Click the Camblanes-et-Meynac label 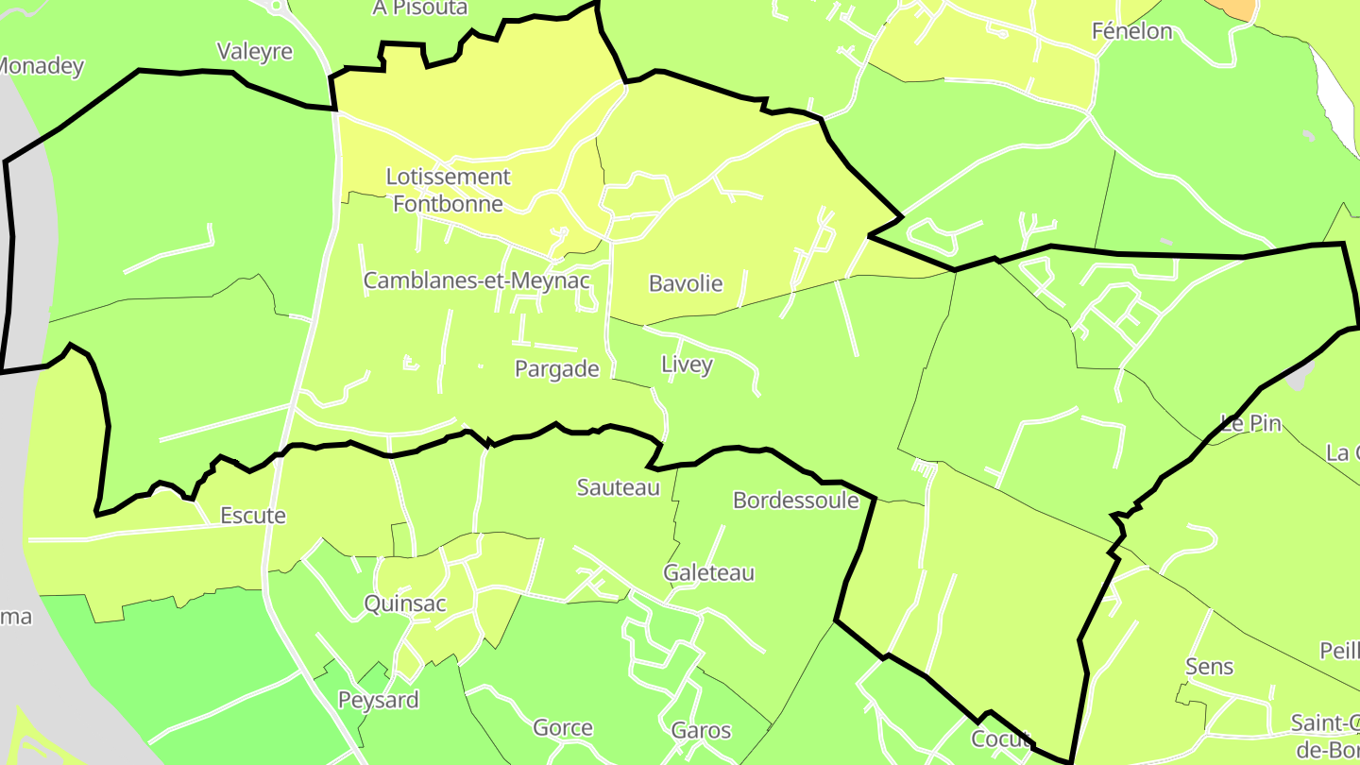coord(477,280)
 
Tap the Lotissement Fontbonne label coord(449,190)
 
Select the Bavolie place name coord(686,283)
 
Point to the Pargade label coord(557,369)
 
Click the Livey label coord(687,365)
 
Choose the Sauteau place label coord(619,487)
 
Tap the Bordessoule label coord(796,501)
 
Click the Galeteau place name coord(709,573)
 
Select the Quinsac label coord(405,604)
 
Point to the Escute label coord(253,516)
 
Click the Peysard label coord(379,701)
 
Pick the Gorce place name coord(563,728)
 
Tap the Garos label coord(701,730)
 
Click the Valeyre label coord(255,51)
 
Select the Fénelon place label coord(1131,31)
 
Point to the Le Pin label coord(1250,423)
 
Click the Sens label coord(1209,667)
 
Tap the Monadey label coord(41,67)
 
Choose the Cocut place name coord(1000,739)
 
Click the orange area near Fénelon coord(1235,8)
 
